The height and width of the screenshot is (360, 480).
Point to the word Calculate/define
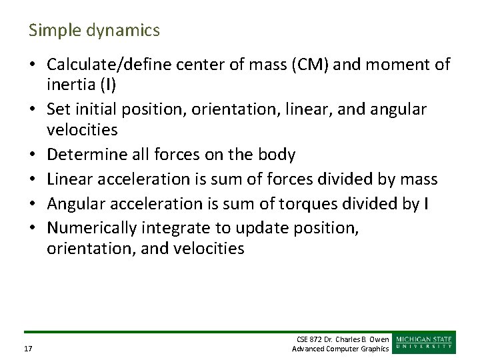[x=104, y=65]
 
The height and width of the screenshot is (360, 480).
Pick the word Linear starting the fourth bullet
[x=69, y=179]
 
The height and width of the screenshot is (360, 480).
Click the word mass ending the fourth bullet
[x=419, y=179]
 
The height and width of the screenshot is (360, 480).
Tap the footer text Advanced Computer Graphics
[x=341, y=349]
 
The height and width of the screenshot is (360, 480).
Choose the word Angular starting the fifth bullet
[x=73, y=203]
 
